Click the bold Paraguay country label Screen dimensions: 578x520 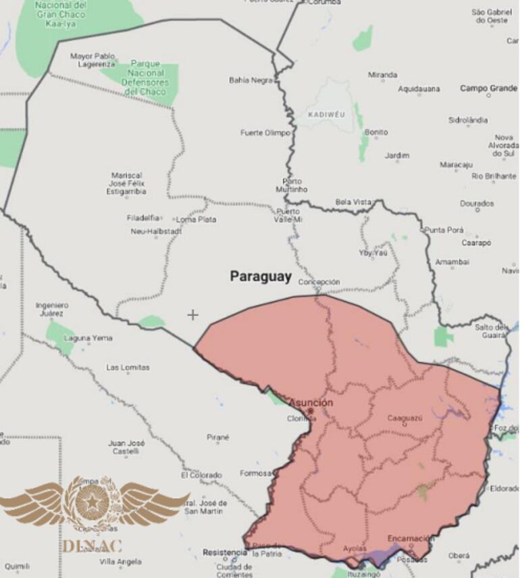click(261, 276)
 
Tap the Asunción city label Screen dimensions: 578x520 click(311, 403)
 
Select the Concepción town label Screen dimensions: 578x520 click(319, 282)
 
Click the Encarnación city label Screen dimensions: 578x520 click(411, 539)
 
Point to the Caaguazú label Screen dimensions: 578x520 click(405, 418)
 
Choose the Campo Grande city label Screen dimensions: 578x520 click(488, 89)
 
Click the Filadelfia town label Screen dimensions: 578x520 click(143, 218)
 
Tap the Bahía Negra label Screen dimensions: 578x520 click(251, 80)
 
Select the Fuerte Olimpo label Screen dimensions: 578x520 click(265, 133)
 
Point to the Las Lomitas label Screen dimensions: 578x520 click(128, 367)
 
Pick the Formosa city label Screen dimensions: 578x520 click(255, 473)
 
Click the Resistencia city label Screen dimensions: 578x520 click(225, 552)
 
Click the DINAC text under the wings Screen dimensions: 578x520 click(93, 545)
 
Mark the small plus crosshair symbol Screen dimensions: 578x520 click(193, 314)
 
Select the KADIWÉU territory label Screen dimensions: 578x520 click(326, 114)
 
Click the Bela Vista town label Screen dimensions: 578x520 click(353, 202)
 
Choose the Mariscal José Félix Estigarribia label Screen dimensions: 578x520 click(128, 183)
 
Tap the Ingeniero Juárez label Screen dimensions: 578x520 click(52, 309)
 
